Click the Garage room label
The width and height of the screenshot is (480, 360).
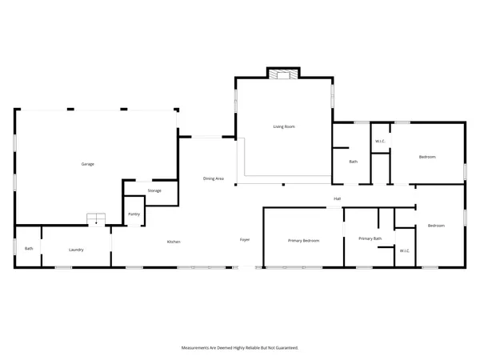tap(87, 164)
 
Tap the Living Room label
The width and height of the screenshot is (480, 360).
tap(284, 126)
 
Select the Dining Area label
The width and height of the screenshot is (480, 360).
tap(213, 178)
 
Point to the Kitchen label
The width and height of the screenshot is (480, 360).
tap(173, 242)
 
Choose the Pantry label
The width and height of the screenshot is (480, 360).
tap(134, 214)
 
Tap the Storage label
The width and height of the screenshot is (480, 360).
tap(154, 190)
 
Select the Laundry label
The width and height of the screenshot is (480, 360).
tap(76, 250)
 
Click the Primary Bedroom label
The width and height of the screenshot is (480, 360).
tap(304, 241)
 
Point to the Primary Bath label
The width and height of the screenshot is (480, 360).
tap(370, 238)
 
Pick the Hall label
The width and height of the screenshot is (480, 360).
tap(338, 199)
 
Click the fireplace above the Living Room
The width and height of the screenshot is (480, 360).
tap(282, 74)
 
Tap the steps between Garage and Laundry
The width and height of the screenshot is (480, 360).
tap(97, 219)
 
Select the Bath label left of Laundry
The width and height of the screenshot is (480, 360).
tap(29, 248)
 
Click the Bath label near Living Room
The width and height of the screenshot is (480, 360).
tap(353, 162)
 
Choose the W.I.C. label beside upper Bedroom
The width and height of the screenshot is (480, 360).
tap(380, 142)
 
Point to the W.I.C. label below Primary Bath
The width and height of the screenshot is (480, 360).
tap(404, 251)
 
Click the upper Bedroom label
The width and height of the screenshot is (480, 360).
tap(427, 157)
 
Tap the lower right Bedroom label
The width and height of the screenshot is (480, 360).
tap(435, 226)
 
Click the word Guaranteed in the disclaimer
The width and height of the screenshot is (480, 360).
tap(285, 348)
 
